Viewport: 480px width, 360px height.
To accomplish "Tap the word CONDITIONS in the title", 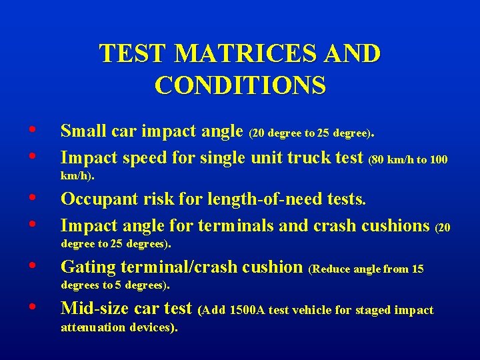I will click(x=240, y=85).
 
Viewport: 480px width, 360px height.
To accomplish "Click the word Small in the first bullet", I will click(x=83, y=131).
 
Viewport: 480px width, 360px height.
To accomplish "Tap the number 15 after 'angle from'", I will click(x=417, y=269).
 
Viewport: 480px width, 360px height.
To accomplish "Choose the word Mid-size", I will click(x=96, y=309).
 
